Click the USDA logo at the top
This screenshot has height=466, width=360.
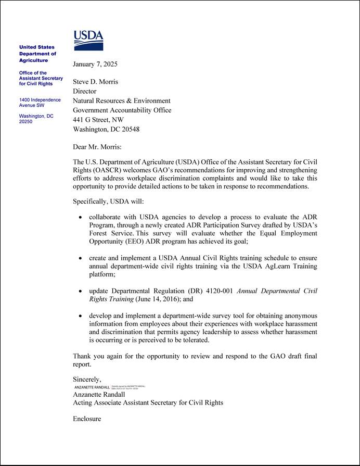[88, 40]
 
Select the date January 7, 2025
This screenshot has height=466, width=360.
[95, 65]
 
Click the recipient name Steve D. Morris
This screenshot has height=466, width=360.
[96, 82]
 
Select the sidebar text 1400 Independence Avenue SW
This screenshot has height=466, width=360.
[40, 103]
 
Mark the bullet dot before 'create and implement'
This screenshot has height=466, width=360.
[80, 258]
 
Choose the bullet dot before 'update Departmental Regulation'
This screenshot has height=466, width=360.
[80, 291]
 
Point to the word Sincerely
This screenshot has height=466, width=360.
[87, 379]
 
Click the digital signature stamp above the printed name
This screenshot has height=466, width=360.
[110, 387]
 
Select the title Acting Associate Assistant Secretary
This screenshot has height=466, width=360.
[148, 402]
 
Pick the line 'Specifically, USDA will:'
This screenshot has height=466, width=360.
[108, 201]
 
